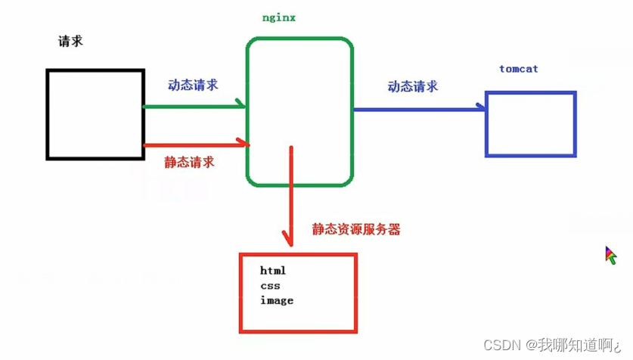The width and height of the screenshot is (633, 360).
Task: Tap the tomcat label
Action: tap(519, 69)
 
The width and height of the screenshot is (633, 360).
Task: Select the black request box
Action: tap(95, 114)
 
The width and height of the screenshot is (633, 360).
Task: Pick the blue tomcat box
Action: tap(530, 124)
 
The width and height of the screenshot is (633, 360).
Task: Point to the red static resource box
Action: tap(298, 293)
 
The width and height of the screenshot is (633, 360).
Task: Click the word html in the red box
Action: tap(273, 271)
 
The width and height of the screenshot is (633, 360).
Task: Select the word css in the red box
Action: tap(270, 286)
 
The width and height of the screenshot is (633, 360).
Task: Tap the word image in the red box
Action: tap(277, 301)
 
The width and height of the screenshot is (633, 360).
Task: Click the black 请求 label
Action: tap(70, 42)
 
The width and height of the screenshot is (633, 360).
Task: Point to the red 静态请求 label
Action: tap(189, 162)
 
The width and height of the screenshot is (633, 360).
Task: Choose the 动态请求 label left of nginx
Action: tap(193, 85)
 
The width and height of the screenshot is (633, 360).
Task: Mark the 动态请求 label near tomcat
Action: tap(413, 86)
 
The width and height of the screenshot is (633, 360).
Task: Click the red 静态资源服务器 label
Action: tap(356, 229)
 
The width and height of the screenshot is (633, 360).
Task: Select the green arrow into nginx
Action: tap(194, 107)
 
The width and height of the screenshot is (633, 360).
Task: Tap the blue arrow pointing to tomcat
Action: tap(420, 109)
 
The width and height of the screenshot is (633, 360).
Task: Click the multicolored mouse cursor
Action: tap(610, 255)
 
